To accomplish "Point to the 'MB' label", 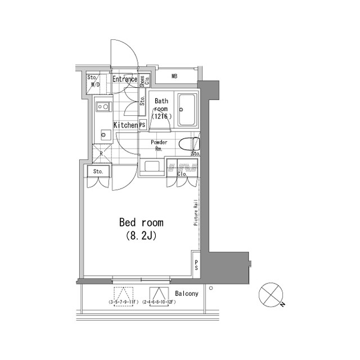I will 174,76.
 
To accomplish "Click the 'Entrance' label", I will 124,79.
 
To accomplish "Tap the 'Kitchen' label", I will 125,125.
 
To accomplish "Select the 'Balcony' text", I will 186,294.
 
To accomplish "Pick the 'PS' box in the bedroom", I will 196,265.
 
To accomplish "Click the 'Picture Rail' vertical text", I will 195,211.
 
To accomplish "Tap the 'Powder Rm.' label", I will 159,146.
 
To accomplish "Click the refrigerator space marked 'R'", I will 101,154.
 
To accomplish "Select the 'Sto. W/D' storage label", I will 93,82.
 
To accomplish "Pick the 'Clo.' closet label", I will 182,174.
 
